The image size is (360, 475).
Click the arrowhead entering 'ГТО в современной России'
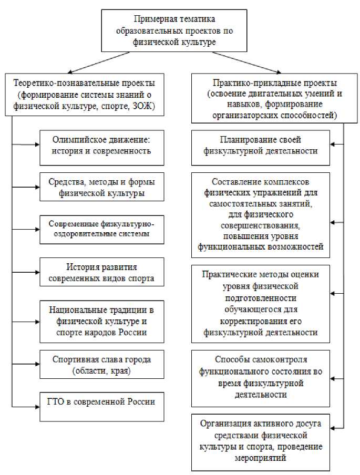pos(37,406)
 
